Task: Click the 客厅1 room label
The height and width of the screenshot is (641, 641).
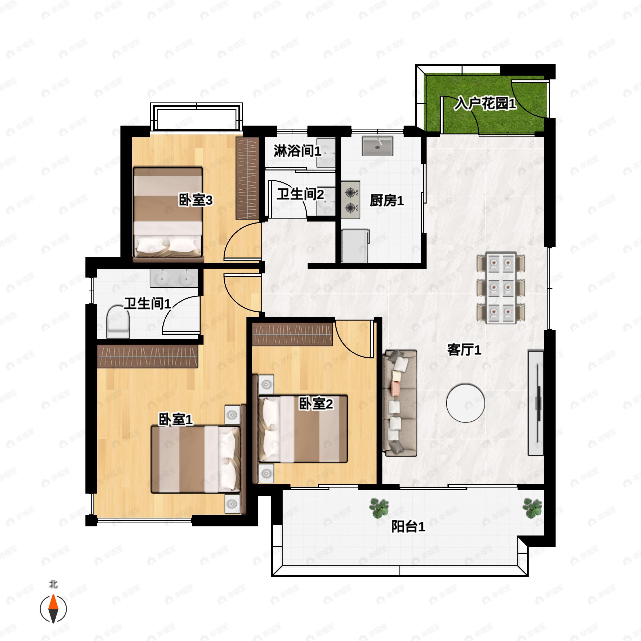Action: [x=464, y=350]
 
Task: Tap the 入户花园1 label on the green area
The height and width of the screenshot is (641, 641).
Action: [x=485, y=104]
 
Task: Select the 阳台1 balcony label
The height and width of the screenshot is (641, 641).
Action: [x=408, y=526]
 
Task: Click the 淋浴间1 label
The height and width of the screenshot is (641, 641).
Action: [x=297, y=151]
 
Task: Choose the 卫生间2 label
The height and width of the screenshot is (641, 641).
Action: [x=300, y=194]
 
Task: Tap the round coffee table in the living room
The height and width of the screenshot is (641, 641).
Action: [x=465, y=403]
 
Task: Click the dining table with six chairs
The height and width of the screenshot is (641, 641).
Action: [x=501, y=288]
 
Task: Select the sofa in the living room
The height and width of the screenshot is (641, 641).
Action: [x=400, y=403]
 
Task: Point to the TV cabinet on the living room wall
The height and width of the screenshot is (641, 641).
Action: [x=536, y=403]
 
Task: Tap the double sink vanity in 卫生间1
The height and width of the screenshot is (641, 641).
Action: [x=174, y=278]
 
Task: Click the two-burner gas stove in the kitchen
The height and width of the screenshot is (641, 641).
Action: [x=351, y=200]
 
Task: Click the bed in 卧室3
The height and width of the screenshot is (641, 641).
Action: [x=168, y=212]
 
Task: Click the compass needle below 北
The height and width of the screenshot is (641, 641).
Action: [x=53, y=609]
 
